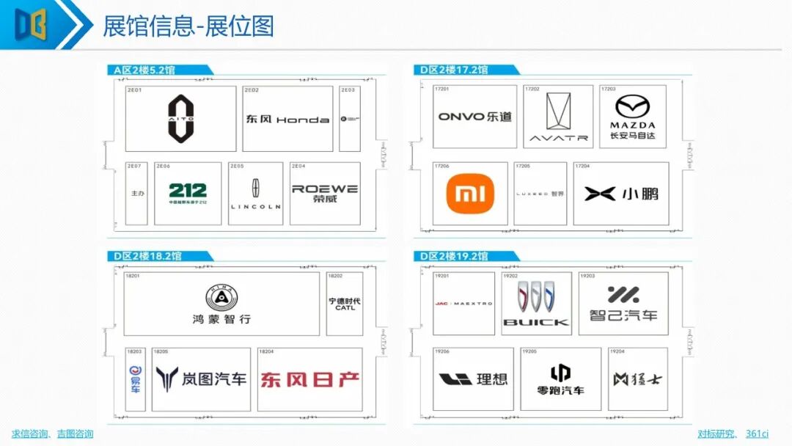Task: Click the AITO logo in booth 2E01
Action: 181,118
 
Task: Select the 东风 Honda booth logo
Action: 287,119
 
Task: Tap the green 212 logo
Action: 188,193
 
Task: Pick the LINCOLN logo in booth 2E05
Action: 255,194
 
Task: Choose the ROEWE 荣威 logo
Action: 325,193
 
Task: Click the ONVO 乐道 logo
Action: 474,117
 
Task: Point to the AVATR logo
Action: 558,118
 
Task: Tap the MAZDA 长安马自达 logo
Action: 632,117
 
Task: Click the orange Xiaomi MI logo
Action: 470,194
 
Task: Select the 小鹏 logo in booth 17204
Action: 621,194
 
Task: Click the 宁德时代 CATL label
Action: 345,304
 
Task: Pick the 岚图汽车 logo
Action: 201,379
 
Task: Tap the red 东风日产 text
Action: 309,379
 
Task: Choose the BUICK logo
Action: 536,304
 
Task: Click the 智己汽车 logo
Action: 623,303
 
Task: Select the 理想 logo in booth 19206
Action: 473,379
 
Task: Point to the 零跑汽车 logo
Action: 561,379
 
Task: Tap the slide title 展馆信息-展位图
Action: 188,26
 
